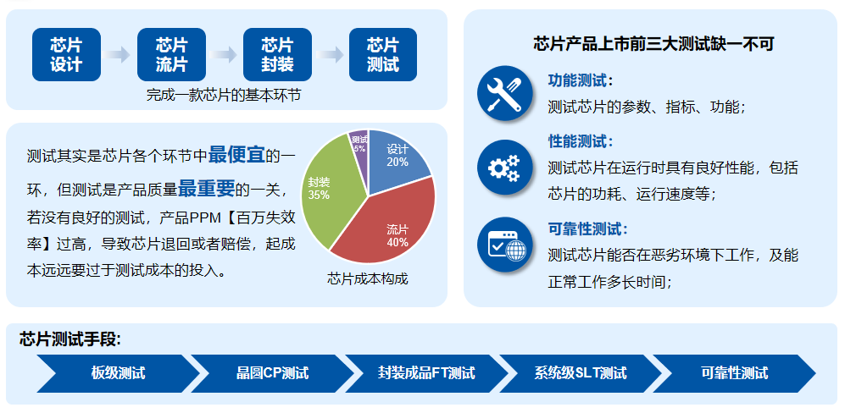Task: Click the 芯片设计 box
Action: coord(66,54)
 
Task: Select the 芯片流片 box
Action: coord(171,54)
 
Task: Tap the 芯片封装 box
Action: coord(277,54)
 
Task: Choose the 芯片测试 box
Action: coord(382,54)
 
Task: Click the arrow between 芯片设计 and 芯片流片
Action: coord(119,54)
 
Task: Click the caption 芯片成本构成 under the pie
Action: coord(368,279)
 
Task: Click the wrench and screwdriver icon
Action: coord(504,93)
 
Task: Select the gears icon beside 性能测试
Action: coord(504,168)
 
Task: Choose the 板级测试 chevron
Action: coord(118,373)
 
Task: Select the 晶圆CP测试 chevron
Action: coord(272,373)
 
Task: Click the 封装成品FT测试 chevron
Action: coord(426,373)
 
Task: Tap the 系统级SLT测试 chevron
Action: coord(581,373)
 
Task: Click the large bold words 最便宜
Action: coord(236,155)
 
